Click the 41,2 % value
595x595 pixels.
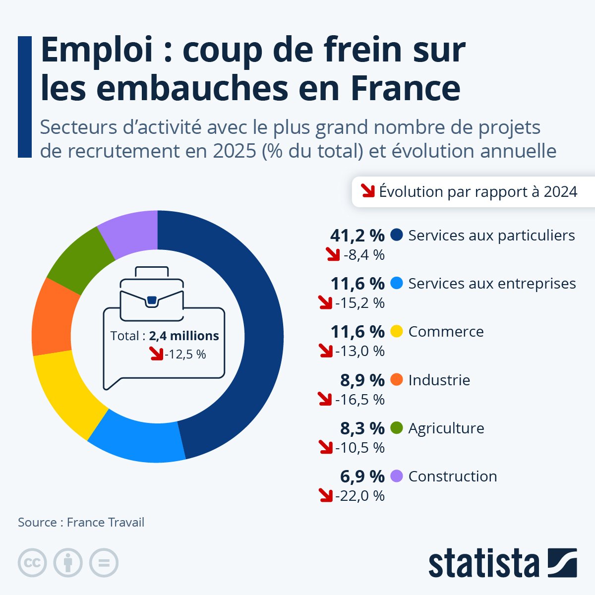pyautogui.click(x=357, y=236)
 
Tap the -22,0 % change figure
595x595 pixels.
pyautogui.click(x=360, y=495)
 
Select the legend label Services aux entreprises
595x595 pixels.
pyautogui.click(x=492, y=284)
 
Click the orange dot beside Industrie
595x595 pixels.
pyautogui.click(x=397, y=380)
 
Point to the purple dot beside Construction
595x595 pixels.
pyautogui.click(x=397, y=476)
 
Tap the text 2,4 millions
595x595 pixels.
pyautogui.click(x=184, y=336)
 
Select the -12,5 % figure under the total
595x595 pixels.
pyautogui.click(x=185, y=355)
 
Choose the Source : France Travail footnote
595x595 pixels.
pyautogui.click(x=81, y=522)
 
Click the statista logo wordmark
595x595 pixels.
pyautogui.click(x=484, y=564)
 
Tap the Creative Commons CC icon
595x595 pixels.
pyautogui.click(x=32, y=563)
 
